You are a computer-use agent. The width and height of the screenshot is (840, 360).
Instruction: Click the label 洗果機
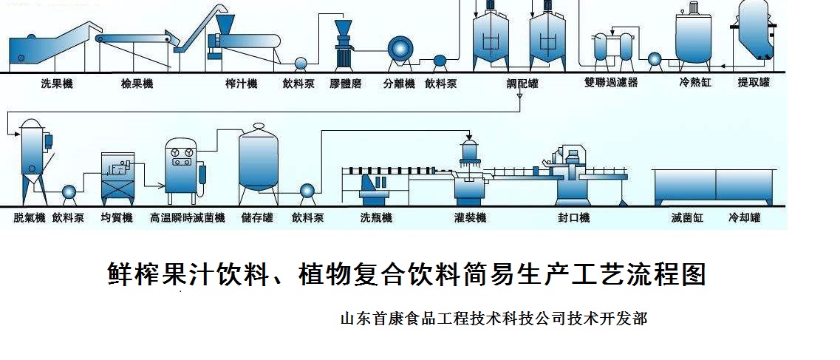pyautogui.click(x=57, y=84)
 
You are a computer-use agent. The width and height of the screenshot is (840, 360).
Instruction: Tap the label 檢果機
pyautogui.click(x=137, y=84)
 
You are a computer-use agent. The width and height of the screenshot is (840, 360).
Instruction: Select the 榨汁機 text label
pyautogui.click(x=241, y=84)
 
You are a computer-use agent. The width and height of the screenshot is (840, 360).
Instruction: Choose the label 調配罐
pyautogui.click(x=522, y=84)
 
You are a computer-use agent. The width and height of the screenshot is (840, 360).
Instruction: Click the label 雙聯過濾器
pyautogui.click(x=610, y=83)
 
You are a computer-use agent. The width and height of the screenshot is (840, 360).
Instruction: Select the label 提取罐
pyautogui.click(x=754, y=83)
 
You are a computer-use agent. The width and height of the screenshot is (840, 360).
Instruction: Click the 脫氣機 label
pyautogui.click(x=30, y=218)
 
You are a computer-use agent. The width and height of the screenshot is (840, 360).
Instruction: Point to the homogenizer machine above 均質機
pyautogui.click(x=117, y=177)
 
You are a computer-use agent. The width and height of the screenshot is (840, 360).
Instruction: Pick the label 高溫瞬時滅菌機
pyautogui.click(x=187, y=218)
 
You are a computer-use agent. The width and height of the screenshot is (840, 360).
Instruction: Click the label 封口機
pyautogui.click(x=573, y=218)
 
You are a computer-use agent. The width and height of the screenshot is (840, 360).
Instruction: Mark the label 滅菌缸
pyautogui.click(x=687, y=218)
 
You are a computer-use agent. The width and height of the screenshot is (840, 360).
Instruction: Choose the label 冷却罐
pyautogui.click(x=744, y=218)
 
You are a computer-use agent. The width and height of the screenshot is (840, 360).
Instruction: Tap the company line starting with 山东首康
pyautogui.click(x=494, y=319)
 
